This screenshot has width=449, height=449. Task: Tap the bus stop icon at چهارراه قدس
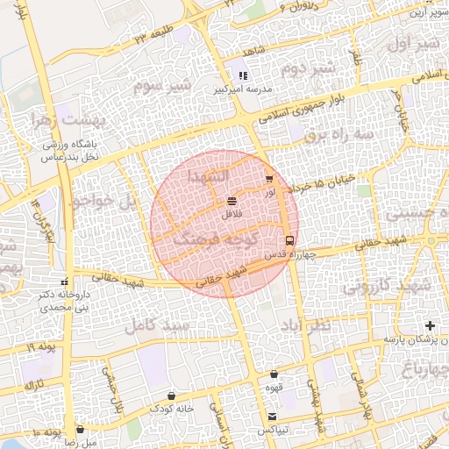[289, 240]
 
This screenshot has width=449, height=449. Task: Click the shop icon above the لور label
[268, 179]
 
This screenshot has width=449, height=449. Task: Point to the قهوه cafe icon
[274, 374]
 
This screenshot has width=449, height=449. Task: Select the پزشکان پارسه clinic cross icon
[429, 326]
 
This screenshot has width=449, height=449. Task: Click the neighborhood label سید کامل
[158, 325]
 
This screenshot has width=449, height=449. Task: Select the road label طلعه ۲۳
[154, 35]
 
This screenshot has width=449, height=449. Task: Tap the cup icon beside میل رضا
[81, 430]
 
